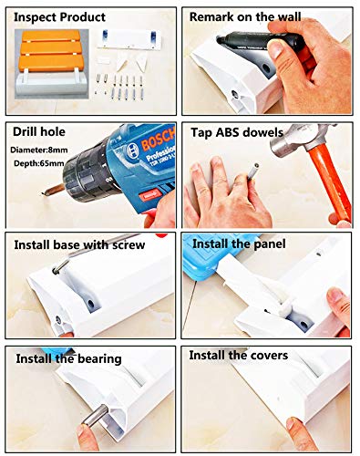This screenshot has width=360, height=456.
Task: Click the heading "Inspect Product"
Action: click(x=59, y=17)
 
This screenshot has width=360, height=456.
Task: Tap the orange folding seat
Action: click(x=51, y=51)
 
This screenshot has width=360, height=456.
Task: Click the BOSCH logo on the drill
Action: click(x=159, y=140)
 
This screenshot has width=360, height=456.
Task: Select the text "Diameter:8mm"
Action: click(x=39, y=150)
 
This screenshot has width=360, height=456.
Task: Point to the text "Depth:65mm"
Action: click(x=39, y=163)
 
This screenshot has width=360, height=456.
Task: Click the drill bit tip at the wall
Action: click(x=42, y=193)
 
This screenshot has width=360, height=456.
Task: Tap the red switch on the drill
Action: click(x=149, y=194)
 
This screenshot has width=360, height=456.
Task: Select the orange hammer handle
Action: click(x=331, y=181)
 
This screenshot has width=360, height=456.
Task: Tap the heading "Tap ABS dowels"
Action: click(x=237, y=133)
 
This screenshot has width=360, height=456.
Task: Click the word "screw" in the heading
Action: click(x=129, y=245)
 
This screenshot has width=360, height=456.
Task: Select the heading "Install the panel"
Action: click(x=239, y=244)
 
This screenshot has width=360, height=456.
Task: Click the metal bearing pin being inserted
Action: click(x=96, y=415)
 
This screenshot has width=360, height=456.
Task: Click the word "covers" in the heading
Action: click(x=269, y=356)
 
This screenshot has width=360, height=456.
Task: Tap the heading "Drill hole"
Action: click(x=39, y=132)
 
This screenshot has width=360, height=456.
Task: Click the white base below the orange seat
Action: click(x=51, y=86)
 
